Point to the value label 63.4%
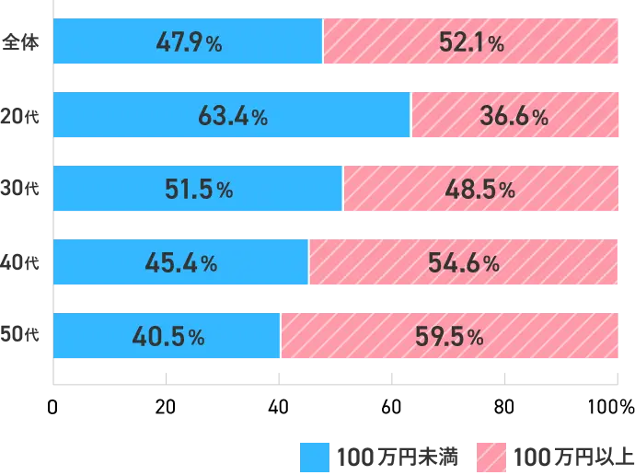point(233,116)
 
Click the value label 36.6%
point(514,116)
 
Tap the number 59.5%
point(449,337)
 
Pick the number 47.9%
point(188,42)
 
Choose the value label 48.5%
point(480,190)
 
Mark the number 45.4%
point(181,263)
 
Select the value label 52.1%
point(469,42)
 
